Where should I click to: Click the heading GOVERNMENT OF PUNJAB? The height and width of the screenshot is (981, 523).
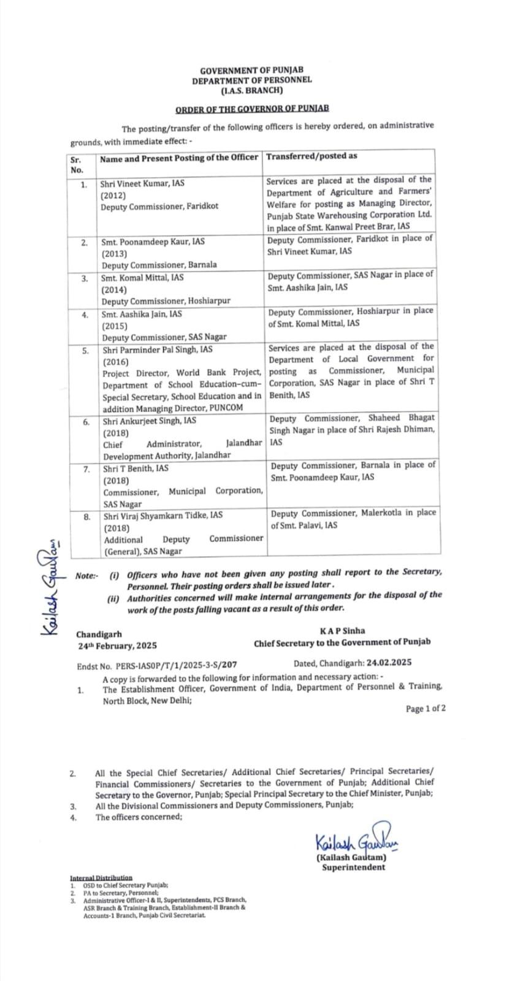coord(251,71)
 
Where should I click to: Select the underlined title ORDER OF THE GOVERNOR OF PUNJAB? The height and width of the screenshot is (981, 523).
coord(252,109)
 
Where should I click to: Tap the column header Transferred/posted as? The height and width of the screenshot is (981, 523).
coord(311,156)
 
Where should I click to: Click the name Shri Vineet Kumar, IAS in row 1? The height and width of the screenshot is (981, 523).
coord(142,183)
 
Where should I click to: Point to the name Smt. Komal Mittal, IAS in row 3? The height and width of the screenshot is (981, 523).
coord(142,277)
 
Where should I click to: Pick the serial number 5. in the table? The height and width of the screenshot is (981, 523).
coord(86,351)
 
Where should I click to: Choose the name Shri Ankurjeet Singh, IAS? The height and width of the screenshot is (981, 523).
coord(150,421)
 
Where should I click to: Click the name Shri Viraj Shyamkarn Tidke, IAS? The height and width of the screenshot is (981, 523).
coord(163,516)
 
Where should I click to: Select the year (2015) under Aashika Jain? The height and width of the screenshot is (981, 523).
coord(115,326)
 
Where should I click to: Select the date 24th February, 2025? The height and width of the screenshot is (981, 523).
coord(116,646)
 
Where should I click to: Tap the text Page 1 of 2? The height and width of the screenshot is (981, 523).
coord(426,709)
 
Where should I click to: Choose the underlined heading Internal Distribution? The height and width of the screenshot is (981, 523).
coord(101,878)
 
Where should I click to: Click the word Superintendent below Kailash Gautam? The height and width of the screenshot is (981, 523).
coord(354,868)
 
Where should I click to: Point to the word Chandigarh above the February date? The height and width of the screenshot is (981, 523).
coord(99,635)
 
